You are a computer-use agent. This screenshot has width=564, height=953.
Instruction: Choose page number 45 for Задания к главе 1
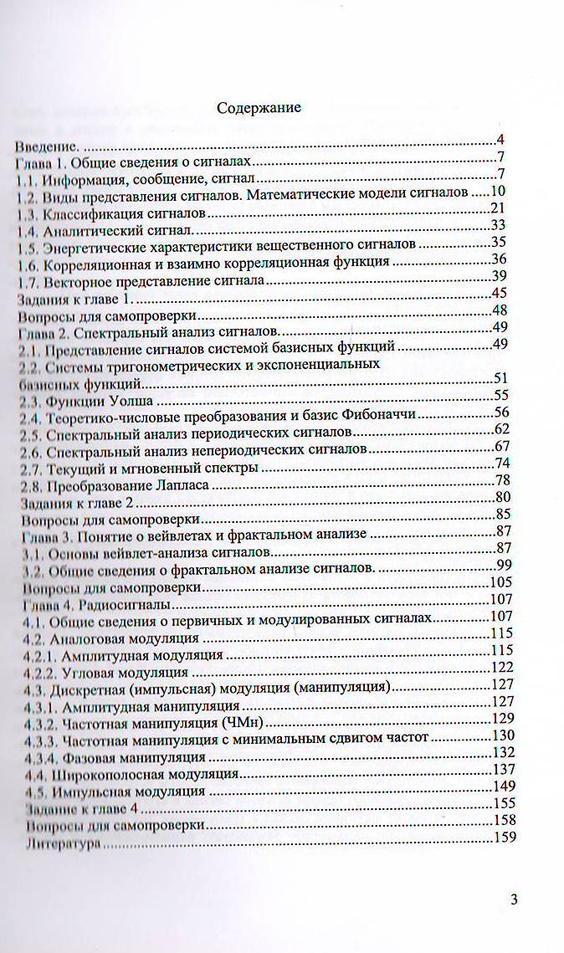[x=500, y=292]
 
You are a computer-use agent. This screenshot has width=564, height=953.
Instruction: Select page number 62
[x=501, y=430]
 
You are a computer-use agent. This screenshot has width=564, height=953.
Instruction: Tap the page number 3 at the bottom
[x=514, y=899]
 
